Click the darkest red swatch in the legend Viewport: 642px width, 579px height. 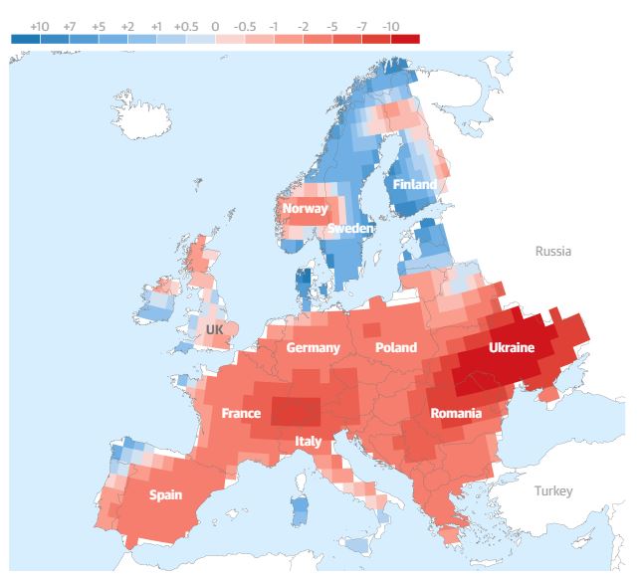click(405, 39)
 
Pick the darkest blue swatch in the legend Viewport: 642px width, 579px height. click(25, 39)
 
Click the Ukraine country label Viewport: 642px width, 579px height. click(511, 348)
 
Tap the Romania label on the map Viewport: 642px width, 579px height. click(456, 413)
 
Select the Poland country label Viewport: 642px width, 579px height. click(396, 348)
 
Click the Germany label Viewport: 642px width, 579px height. click(314, 348)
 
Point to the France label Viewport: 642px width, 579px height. click(241, 413)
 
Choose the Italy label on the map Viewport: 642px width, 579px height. click(309, 441)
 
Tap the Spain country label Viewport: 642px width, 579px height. click(165, 494)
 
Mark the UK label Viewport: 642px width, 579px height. click(215, 328)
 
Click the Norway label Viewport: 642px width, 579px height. click(305, 209)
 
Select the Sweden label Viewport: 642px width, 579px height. click(350, 229)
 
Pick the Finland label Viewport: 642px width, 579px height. click(414, 185)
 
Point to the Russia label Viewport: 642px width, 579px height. click(553, 252)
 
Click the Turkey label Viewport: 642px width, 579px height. click(553, 491)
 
